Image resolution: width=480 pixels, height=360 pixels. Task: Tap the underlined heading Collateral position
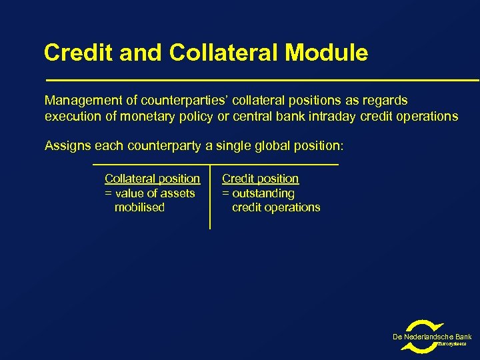[152, 179]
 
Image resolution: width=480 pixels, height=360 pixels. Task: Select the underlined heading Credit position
[260, 179]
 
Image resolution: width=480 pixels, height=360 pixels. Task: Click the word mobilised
[139, 207]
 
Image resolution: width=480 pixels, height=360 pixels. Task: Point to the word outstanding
[263, 193]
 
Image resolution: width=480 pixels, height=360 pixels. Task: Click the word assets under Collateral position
[178, 193]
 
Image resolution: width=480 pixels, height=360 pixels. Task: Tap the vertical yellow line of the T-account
[210, 200]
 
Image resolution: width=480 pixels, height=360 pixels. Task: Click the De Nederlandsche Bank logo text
[432, 337]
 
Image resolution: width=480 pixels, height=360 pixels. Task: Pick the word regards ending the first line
[386, 101]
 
